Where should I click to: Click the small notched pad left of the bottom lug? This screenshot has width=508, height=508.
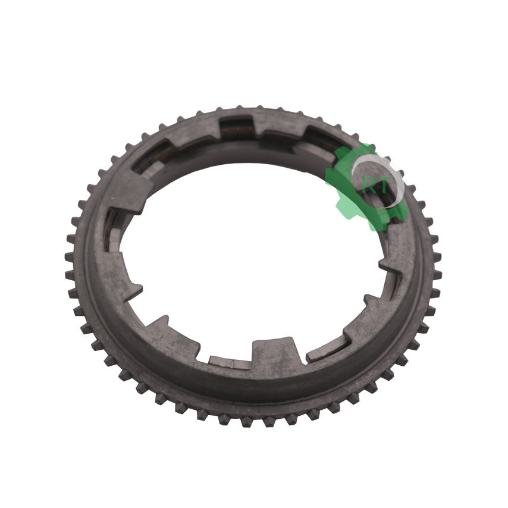(230, 362)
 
